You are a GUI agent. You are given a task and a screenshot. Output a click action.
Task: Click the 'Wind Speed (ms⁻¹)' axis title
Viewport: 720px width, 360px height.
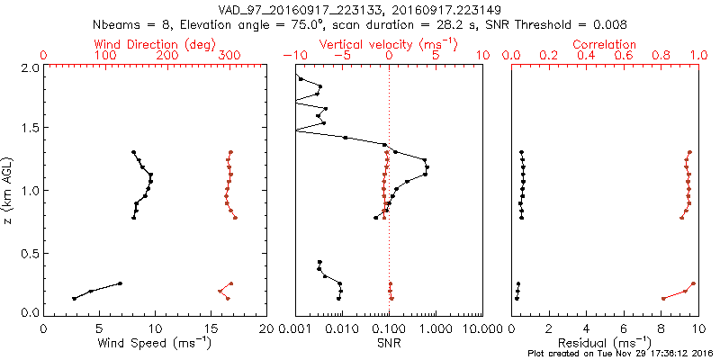156,343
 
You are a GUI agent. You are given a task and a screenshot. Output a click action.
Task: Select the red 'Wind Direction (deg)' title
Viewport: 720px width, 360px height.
156,44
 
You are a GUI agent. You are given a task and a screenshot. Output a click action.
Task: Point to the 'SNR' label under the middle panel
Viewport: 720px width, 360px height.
389,343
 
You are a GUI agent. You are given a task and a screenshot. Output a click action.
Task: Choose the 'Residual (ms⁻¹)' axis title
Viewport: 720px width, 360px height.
605,343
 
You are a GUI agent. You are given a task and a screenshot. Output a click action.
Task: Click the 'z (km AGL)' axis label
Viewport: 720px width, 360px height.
9,189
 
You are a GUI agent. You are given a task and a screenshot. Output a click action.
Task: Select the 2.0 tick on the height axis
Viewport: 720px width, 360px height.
29,67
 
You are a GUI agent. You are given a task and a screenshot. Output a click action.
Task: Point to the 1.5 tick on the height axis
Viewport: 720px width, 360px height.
29,129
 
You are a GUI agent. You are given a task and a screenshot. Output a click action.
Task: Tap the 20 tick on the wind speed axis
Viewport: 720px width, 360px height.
266,328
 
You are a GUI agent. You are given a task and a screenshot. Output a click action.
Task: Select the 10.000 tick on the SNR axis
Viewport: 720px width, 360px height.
481,328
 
